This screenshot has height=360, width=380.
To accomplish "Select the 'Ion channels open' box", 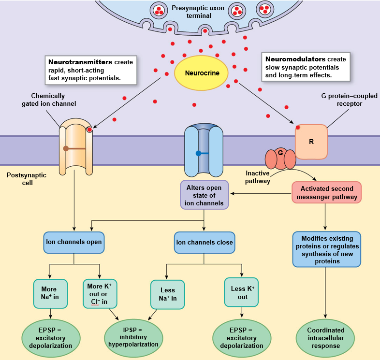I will click(x=73, y=242).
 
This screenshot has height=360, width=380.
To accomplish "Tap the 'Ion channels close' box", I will click(x=204, y=242).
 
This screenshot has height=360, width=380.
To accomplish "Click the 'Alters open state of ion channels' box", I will click(x=204, y=195).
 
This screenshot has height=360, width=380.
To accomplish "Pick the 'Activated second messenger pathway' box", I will click(x=327, y=192).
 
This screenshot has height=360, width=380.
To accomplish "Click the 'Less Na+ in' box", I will click(x=167, y=294).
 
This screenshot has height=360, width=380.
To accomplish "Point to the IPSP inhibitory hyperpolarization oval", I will click(x=133, y=337).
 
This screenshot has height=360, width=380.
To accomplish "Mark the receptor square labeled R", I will click(x=311, y=142).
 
